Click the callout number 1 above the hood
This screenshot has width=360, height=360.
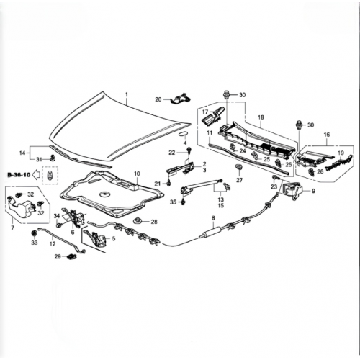coord(127,94)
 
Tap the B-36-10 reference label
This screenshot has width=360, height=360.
coord(19,175)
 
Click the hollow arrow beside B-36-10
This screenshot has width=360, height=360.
coord(36,175)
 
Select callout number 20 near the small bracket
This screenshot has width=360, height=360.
coord(158,99)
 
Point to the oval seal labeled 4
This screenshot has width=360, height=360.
coord(184,134)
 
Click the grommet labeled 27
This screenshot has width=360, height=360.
coord(239,167)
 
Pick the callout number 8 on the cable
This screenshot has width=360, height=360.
coord(213,218)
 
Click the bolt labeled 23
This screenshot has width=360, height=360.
coord(275,178)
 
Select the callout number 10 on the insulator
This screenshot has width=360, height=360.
coord(137,174)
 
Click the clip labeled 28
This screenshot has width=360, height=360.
coord(138,220)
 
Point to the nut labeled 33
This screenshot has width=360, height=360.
coord(35,233)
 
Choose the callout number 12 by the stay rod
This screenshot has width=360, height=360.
coord(53,244)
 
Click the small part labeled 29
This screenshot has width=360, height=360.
coord(71,256)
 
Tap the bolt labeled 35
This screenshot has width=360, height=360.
coord(184,202)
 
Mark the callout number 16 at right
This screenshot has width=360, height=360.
coord(327,135)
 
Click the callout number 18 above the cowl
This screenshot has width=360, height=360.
coord(261,117)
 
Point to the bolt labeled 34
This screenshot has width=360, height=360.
coord(59,225)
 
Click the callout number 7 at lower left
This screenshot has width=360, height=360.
coord(12,228)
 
